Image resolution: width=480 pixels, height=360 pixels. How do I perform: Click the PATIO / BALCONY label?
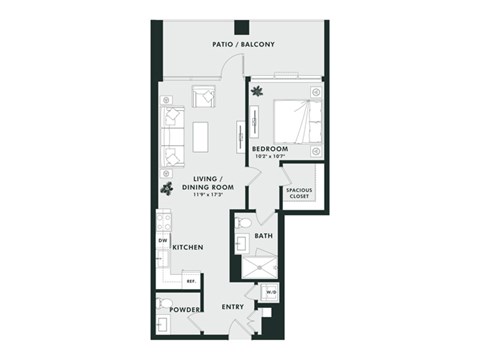coord(243,45)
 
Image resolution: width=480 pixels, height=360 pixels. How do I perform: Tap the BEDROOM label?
coord(269,149)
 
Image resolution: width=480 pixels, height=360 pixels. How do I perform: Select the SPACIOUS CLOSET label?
coord(298,193)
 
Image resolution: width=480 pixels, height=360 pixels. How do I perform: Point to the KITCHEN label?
coord(188,246)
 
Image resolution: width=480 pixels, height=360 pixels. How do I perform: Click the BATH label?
coord(263,236)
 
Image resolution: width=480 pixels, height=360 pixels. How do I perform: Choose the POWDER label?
coord(189,309)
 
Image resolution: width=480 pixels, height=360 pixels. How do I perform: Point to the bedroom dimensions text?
coord(269,157)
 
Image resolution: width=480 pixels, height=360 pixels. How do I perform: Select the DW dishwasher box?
coord(162,240)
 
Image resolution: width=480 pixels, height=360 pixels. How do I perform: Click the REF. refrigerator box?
coord(190,281)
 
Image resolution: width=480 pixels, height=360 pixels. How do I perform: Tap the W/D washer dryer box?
coord(271,292)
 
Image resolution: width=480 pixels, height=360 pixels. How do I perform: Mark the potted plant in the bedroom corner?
coord(257,92)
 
